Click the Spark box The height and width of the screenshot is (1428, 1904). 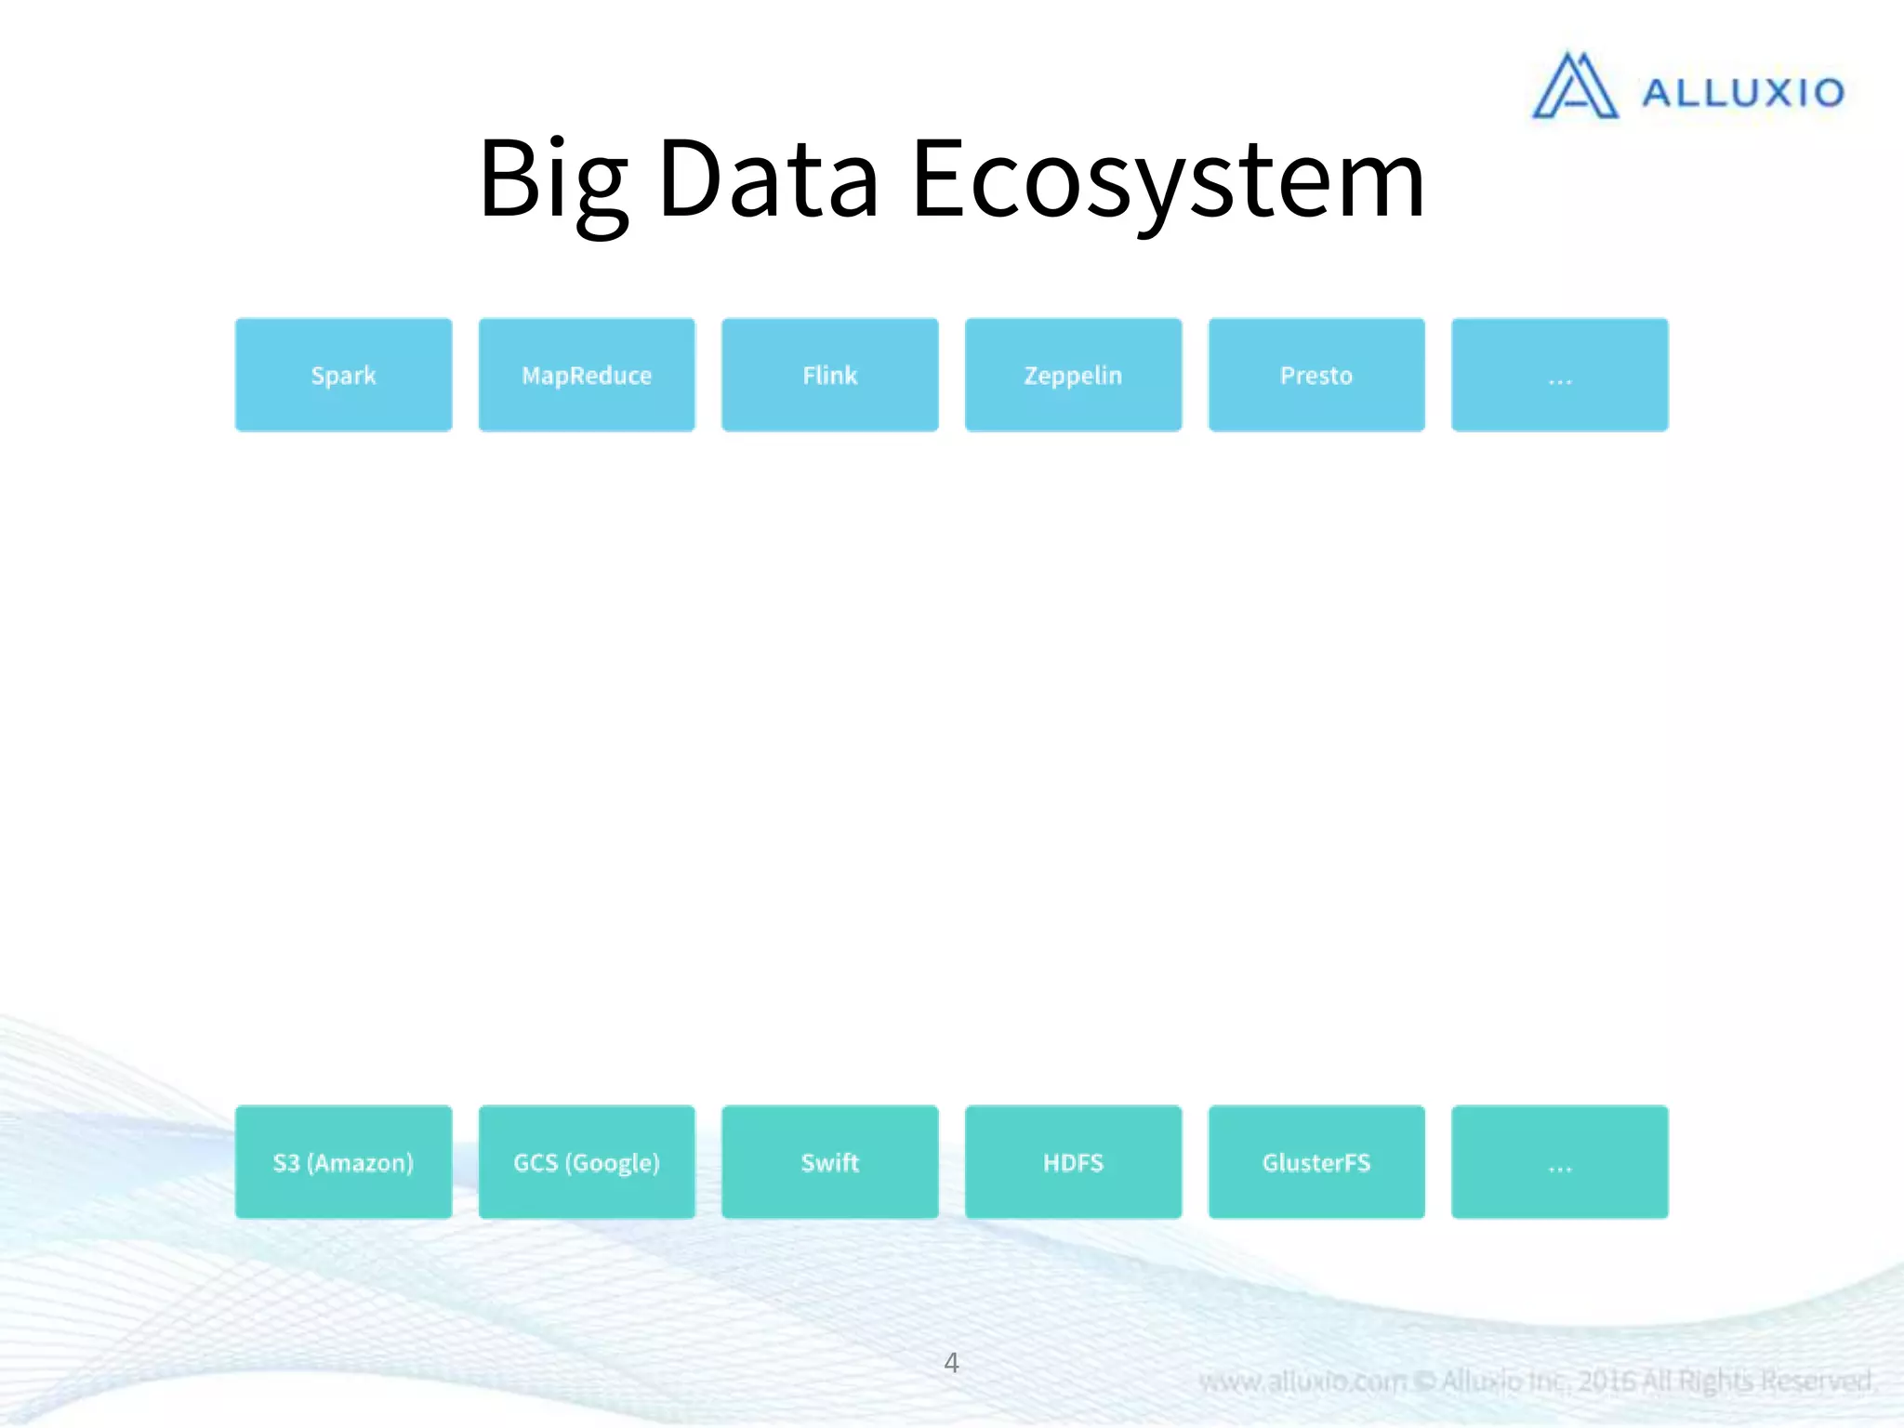pos(343,375)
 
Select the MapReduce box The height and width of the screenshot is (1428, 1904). pos(587,375)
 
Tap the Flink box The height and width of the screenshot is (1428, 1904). pos(829,375)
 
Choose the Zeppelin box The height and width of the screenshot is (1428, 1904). pos(1073,375)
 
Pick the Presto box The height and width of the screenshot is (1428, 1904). pos(1316,375)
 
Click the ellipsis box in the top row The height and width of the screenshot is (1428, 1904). pos(1559,375)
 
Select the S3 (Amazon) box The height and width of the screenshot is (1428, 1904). pos(343,1162)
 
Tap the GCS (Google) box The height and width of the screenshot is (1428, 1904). pos(587,1162)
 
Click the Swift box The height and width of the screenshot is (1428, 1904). pos(829,1162)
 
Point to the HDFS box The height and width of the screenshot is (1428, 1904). pos(1073,1162)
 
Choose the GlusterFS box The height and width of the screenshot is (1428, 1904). pos(1316,1162)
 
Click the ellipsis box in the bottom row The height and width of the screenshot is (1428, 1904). pos(1559,1162)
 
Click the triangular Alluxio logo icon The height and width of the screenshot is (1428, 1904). pos(1575,86)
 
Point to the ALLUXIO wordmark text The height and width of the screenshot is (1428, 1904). pos(1742,93)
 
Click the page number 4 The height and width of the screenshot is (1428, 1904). pos(951,1363)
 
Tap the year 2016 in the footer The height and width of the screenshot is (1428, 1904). pos(1606,1382)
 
